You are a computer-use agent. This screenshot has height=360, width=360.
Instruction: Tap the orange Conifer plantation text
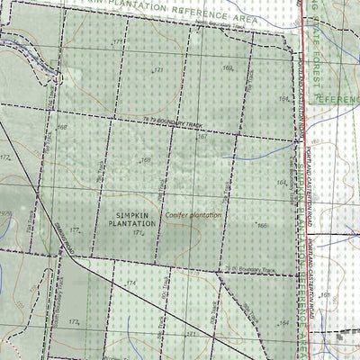tap(193, 216)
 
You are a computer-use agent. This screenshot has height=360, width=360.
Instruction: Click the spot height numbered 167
tap(202, 137)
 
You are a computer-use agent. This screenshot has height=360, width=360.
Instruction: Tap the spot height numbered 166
tap(261, 226)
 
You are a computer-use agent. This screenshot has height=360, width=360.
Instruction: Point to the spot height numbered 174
tap(131, 283)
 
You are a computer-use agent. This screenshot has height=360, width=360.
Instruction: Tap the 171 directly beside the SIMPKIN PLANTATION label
tap(138, 233)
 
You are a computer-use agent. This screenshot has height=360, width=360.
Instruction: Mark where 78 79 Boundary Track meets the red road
tap(298, 141)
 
